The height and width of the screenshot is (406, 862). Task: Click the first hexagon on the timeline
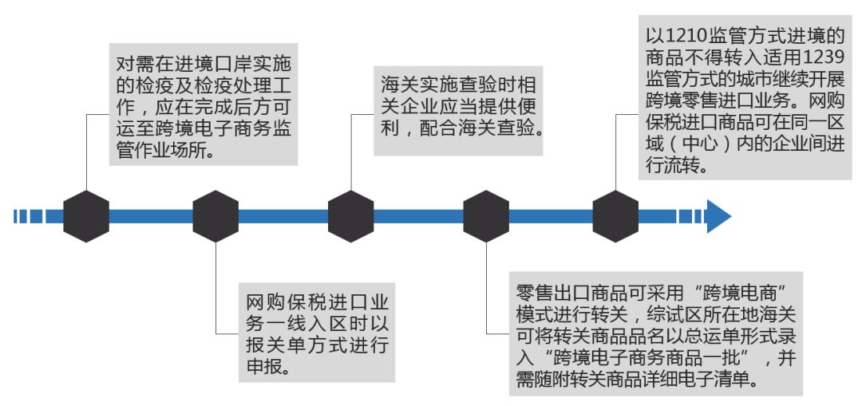coord(86,216)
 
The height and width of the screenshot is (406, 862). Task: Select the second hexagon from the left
coord(215,216)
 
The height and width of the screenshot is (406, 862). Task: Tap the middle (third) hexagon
coord(351,216)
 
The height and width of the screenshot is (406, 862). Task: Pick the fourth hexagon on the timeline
coord(486,216)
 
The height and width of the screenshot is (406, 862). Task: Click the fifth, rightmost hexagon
coord(615,216)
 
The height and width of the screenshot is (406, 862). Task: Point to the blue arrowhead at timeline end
coord(718,216)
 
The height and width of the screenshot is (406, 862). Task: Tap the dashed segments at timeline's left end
coord(29,216)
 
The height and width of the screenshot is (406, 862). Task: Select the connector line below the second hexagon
coord(216,287)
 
